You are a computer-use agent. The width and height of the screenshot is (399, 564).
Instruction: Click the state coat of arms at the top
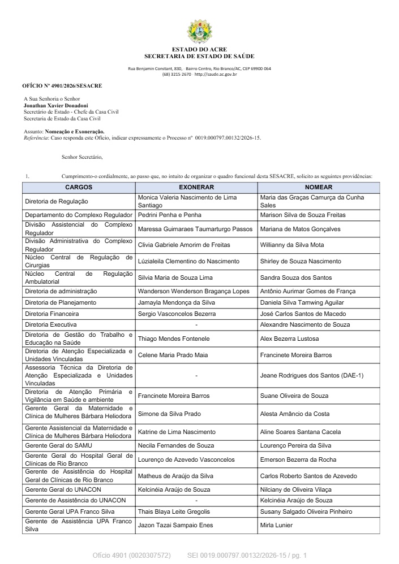coord(199,32)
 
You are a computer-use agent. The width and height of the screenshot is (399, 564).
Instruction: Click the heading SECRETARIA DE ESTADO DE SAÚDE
coord(199,56)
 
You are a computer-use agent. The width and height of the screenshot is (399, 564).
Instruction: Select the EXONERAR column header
coord(196,187)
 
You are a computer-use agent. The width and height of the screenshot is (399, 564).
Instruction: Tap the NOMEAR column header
coord(318,187)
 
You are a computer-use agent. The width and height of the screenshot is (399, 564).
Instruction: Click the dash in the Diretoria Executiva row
coord(196,325)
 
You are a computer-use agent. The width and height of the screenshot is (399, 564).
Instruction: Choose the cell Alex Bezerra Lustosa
coord(289,339)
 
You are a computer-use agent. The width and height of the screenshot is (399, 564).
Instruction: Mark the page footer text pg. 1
coord(297,556)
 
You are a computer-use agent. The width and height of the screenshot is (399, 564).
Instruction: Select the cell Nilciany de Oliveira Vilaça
coord(296,489)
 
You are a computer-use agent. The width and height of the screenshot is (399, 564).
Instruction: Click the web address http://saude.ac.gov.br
coord(215,74)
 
